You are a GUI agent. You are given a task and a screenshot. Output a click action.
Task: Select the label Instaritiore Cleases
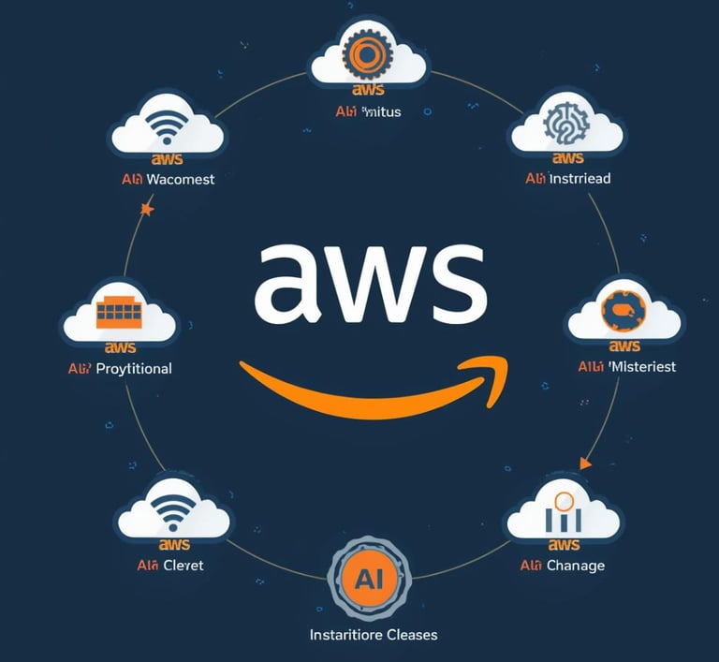click(x=373, y=634)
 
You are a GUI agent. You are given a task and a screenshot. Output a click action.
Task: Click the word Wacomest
click(x=180, y=179)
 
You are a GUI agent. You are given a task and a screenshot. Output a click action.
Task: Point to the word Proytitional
click(x=133, y=368)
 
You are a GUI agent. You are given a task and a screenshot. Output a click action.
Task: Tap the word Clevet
click(x=182, y=565)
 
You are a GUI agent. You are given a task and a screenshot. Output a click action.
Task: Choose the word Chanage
click(x=575, y=565)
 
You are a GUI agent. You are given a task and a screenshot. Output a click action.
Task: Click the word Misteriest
click(x=641, y=366)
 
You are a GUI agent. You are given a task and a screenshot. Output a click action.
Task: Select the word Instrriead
click(x=580, y=178)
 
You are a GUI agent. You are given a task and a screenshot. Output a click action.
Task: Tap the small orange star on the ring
click(x=146, y=210)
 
